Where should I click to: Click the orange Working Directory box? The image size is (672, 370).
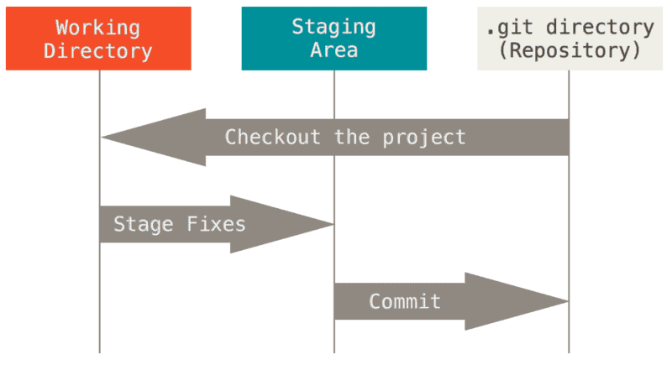point(97,39)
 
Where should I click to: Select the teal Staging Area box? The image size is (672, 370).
point(333,39)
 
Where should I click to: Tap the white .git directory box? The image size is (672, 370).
point(570,39)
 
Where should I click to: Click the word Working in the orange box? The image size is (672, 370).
point(97,27)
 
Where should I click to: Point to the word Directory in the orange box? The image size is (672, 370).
point(97,50)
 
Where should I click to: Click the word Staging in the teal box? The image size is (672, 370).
point(333,26)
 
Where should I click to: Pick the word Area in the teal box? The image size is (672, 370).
point(333,50)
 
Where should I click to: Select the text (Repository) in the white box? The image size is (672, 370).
point(570,50)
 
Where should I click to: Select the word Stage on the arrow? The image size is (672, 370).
point(143,224)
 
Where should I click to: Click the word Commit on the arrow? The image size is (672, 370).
point(404,301)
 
